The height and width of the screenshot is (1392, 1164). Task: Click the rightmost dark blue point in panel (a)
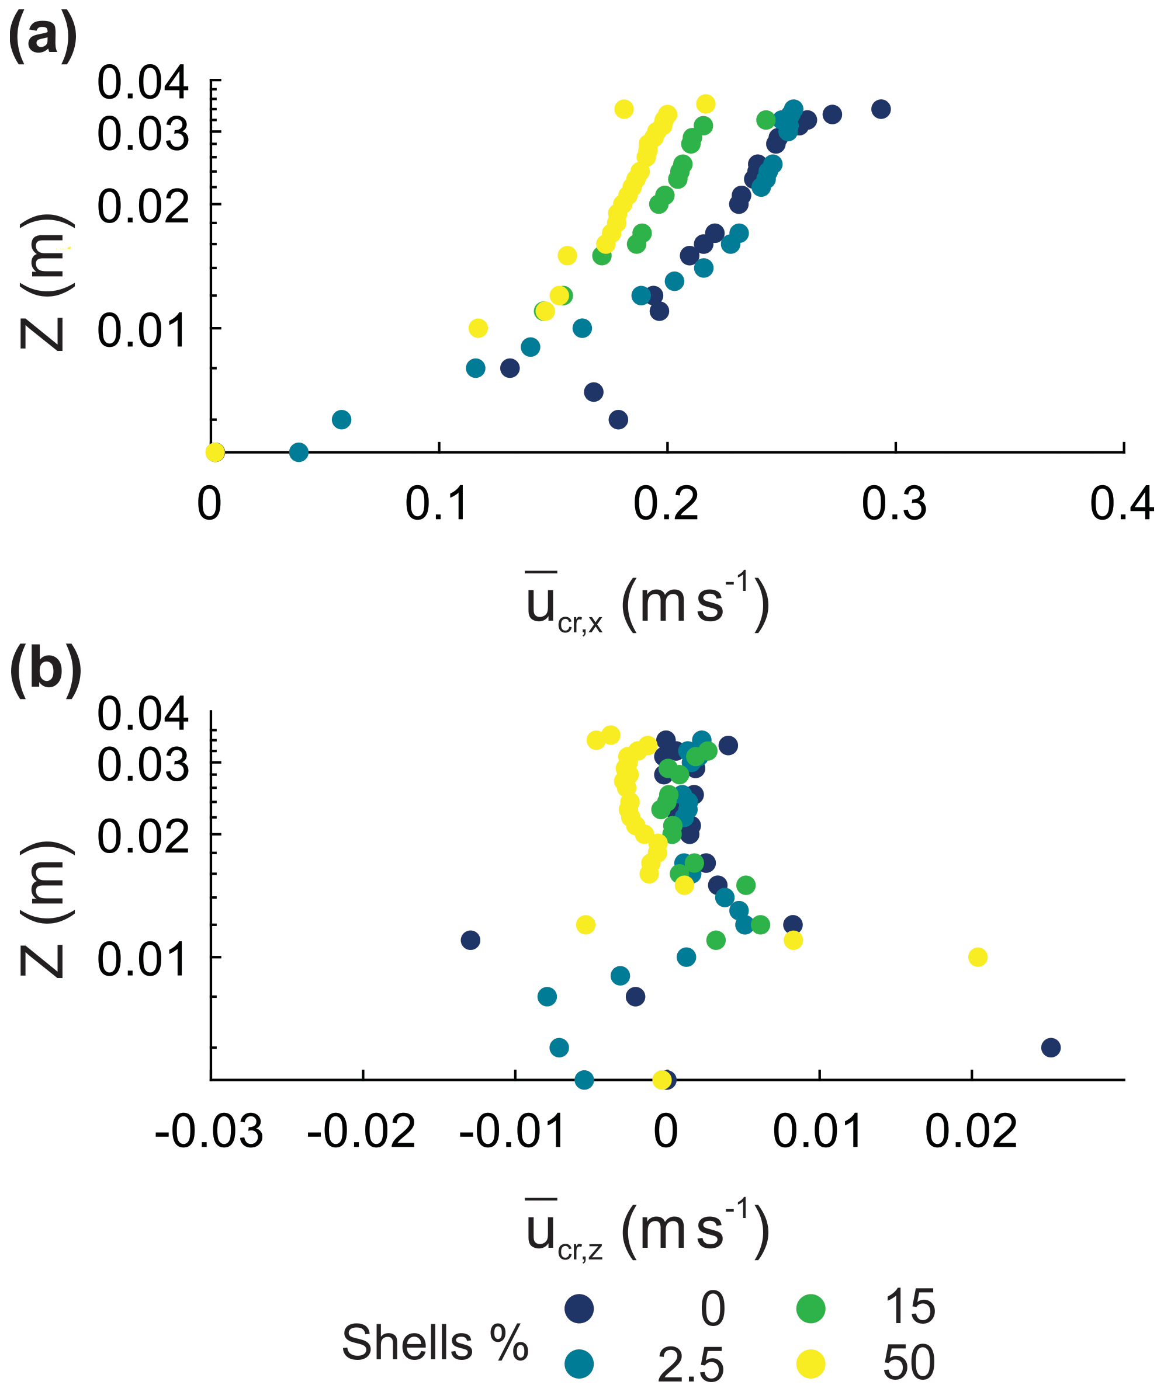click(x=880, y=109)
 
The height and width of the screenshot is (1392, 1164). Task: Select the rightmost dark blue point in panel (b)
click(x=1051, y=1048)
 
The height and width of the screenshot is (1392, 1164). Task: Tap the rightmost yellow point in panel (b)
click(x=978, y=957)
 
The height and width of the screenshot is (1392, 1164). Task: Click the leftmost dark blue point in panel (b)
click(x=470, y=940)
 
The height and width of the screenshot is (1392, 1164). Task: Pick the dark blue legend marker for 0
click(x=579, y=1309)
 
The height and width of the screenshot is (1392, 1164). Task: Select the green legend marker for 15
click(x=810, y=1309)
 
